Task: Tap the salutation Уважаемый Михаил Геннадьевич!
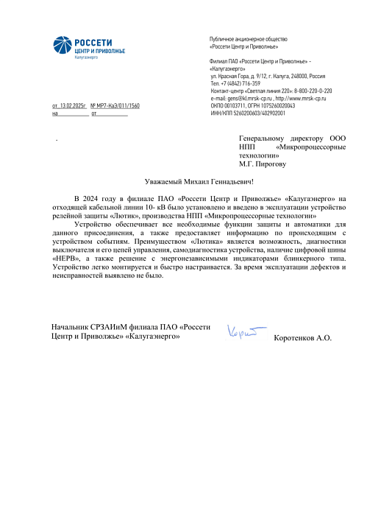199,182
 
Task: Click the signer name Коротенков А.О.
302,338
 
